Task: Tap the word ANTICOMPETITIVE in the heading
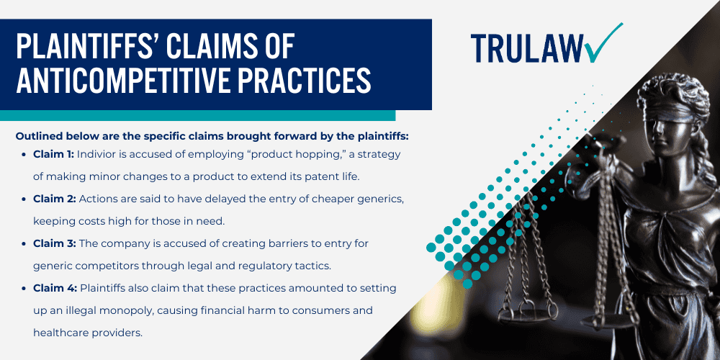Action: tap(118, 81)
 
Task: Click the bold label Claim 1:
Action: tap(53, 154)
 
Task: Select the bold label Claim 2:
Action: tap(54, 199)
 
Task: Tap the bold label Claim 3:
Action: tap(54, 243)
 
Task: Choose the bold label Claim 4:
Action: tap(54, 288)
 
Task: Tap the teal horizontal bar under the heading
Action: tap(197, 115)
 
